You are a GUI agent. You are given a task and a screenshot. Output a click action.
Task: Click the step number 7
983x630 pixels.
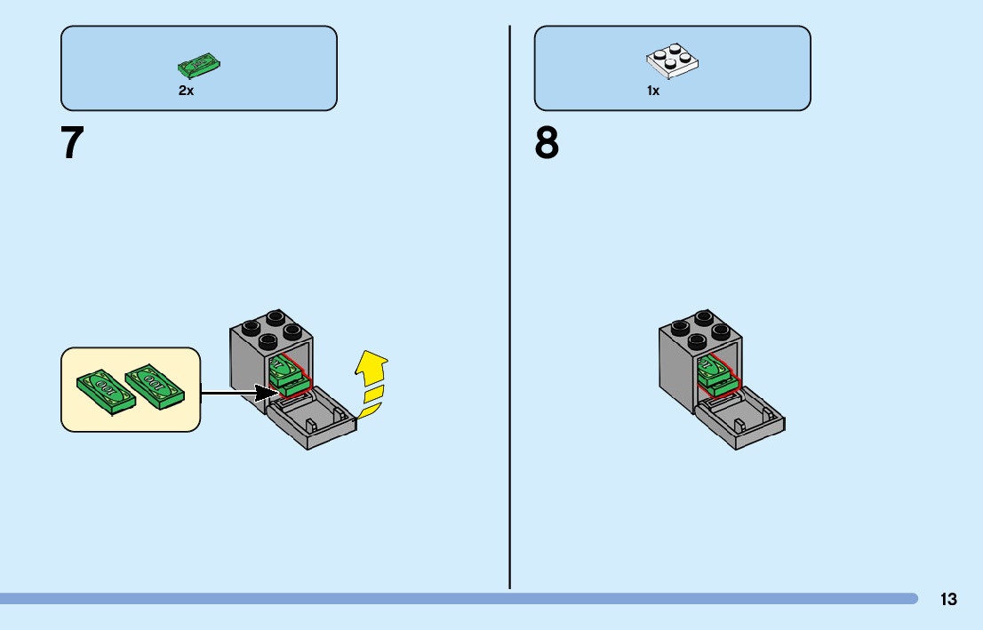[73, 143]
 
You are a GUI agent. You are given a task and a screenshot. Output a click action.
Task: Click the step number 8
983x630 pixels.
[547, 143]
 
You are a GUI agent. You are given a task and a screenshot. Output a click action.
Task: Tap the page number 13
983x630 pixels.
[948, 600]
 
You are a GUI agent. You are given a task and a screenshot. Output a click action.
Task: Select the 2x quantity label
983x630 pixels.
[186, 91]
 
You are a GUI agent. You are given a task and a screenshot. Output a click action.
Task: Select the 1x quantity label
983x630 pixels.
[653, 91]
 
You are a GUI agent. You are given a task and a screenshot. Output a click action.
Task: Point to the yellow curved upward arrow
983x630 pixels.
[372, 382]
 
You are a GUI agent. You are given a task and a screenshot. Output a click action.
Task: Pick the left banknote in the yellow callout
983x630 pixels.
[106, 392]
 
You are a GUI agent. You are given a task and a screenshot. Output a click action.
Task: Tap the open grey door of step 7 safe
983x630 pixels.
[312, 421]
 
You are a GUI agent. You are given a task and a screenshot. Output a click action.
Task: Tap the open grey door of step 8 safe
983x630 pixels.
[739, 423]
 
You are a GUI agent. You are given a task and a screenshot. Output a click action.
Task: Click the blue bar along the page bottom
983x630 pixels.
[444, 599]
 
